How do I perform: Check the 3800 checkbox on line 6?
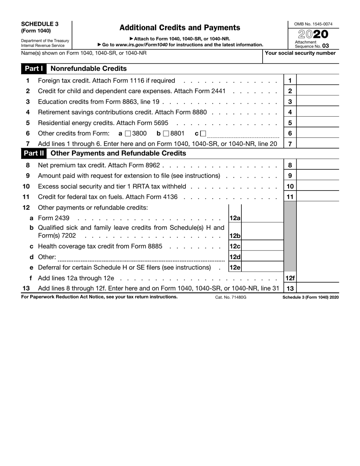click(x=128, y=133)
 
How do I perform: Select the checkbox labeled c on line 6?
click(x=203, y=133)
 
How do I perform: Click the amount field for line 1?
click(x=318, y=81)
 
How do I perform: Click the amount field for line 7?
click(x=318, y=144)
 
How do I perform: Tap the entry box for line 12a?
click(x=262, y=218)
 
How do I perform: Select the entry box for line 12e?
click(x=262, y=267)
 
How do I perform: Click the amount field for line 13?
click(x=318, y=288)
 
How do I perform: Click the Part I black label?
click(x=34, y=69)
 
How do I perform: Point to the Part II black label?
click(x=34, y=153)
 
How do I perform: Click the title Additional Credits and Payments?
click(x=180, y=28)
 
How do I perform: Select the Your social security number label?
click(x=300, y=53)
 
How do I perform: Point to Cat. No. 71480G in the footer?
click(x=231, y=297)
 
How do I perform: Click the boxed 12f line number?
click(x=290, y=278)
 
